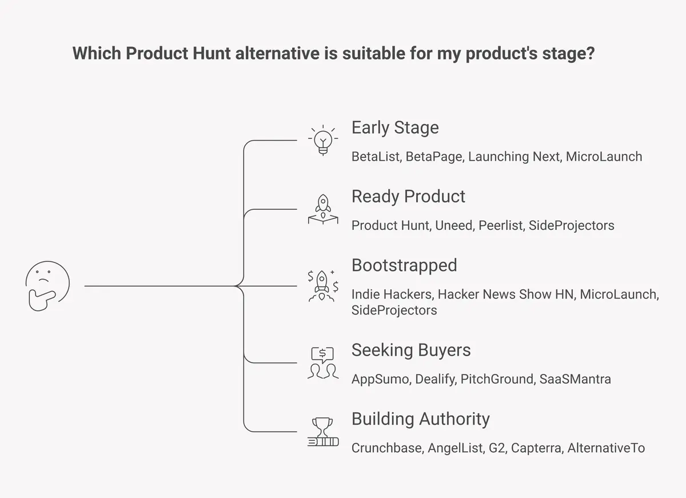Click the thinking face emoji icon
click(x=47, y=286)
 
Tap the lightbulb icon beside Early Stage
click(x=323, y=140)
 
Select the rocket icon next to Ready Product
click(x=323, y=209)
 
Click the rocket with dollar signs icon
click(x=323, y=285)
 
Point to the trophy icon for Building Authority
click(x=323, y=432)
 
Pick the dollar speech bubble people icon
click(x=323, y=362)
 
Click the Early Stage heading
click(x=395, y=128)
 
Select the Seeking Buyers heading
click(x=411, y=350)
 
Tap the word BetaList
click(x=376, y=157)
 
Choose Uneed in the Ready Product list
click(x=453, y=226)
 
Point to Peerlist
click(x=500, y=226)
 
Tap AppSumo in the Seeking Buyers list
click(x=380, y=379)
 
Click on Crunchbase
click(x=387, y=448)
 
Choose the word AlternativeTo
click(x=606, y=448)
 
